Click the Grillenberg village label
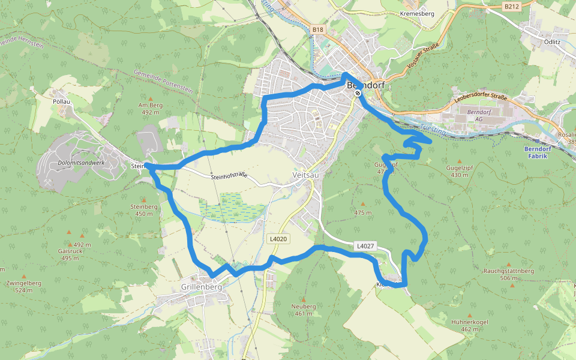(202, 287)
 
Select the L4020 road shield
(278, 239)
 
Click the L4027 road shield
(365, 245)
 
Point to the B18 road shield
(317, 29)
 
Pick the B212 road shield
(511, 7)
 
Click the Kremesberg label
(416, 13)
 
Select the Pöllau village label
(62, 101)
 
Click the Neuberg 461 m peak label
(304, 310)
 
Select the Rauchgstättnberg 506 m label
(508, 274)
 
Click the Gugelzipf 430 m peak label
(460, 171)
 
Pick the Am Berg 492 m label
(150, 108)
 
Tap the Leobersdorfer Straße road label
(481, 97)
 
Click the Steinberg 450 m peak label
(144, 209)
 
